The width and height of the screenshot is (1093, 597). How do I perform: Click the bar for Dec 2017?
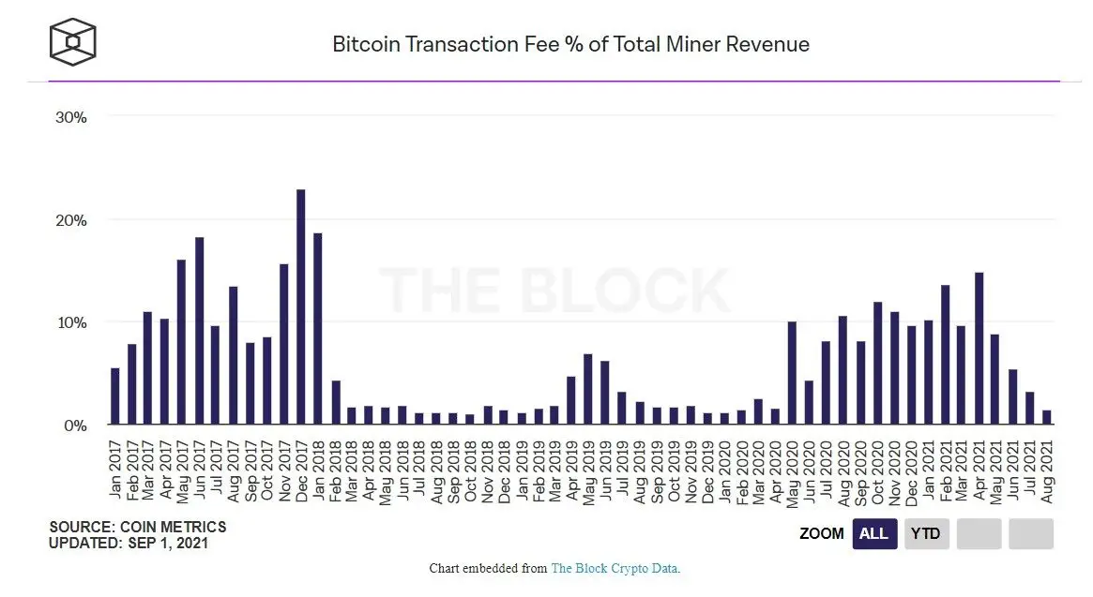(x=300, y=307)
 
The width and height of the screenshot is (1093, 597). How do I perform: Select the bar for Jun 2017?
(x=199, y=331)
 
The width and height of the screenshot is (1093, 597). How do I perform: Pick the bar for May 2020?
(x=792, y=373)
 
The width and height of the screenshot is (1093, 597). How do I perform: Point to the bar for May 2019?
(x=588, y=389)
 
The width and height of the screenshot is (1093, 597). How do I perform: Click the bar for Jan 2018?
(x=317, y=329)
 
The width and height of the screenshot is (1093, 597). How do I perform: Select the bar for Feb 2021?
(x=945, y=355)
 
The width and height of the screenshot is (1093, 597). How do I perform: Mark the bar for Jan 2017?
(x=114, y=396)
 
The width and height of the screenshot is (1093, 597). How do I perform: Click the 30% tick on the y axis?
(x=71, y=117)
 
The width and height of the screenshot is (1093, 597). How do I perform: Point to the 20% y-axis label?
(x=71, y=220)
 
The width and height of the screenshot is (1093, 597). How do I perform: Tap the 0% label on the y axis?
(x=75, y=425)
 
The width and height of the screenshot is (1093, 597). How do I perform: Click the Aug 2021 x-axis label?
(x=1047, y=470)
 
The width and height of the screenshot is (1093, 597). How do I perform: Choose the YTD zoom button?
(x=927, y=534)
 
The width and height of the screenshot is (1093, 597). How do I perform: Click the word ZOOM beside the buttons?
(x=821, y=534)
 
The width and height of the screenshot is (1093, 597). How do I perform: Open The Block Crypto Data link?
(x=614, y=569)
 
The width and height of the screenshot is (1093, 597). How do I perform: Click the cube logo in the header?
(x=73, y=42)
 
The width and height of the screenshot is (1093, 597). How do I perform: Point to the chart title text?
(x=570, y=44)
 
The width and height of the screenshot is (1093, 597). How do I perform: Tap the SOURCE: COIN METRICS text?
(x=137, y=528)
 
